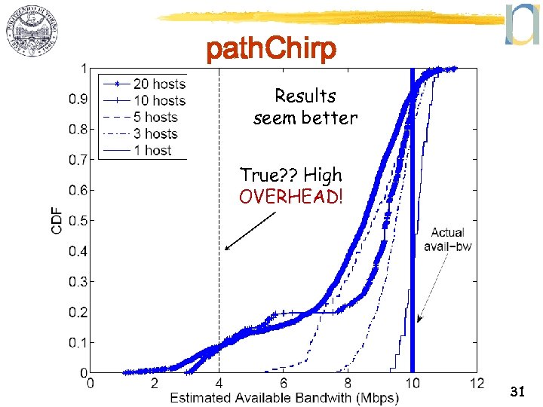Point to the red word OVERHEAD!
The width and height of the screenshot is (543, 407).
[290, 197]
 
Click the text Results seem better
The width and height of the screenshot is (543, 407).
[305, 107]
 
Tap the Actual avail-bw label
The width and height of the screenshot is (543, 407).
[447, 240]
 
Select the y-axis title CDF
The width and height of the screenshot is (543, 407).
[57, 219]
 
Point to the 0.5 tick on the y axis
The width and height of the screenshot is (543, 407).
[78, 220]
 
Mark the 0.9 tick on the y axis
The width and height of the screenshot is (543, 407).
[78, 98]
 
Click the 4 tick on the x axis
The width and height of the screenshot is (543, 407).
[219, 383]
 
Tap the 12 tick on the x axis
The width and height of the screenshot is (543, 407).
[475, 383]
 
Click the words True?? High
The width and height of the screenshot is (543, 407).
[290, 175]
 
